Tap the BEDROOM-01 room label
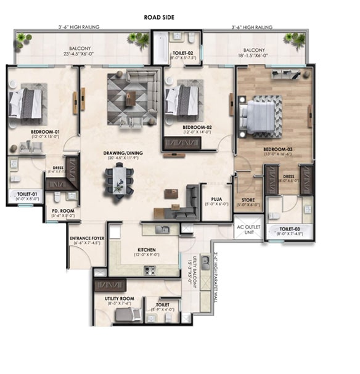click(44, 132)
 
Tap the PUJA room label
click(216, 200)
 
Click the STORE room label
click(248, 199)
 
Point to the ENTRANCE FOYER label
click(86, 239)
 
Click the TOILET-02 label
click(184, 54)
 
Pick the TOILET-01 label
click(27, 194)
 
